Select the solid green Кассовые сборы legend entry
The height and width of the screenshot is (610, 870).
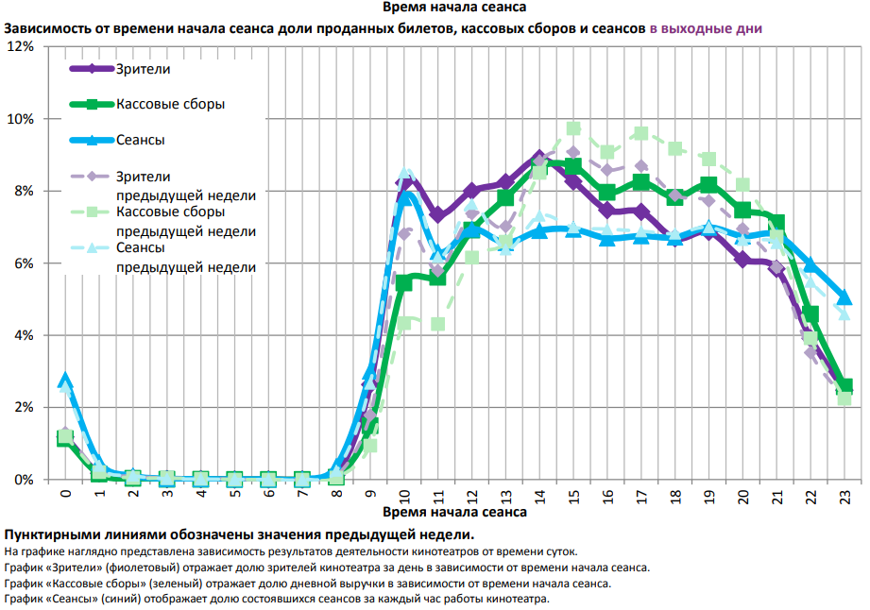point(170,104)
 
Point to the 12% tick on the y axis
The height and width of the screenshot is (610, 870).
point(21,46)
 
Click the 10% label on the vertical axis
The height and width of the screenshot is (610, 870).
point(21,119)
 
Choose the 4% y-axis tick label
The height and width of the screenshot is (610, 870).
point(24,335)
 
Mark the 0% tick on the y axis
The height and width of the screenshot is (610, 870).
point(24,480)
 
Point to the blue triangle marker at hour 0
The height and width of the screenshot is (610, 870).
point(65,380)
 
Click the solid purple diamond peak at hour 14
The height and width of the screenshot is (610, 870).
point(539,157)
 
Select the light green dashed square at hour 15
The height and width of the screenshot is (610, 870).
point(573,128)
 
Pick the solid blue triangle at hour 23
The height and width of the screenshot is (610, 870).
point(844,297)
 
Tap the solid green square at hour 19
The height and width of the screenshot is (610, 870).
point(708,185)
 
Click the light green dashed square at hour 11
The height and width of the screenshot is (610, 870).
point(437,324)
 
